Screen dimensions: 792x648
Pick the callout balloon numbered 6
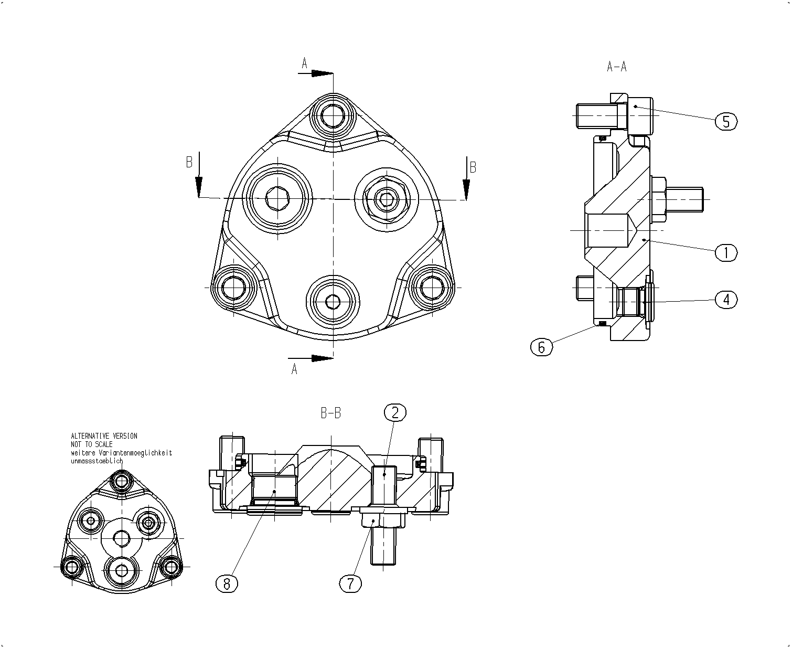coord(541,347)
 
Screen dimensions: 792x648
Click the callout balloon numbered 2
coord(395,412)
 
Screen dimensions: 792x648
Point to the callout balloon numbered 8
coord(227,584)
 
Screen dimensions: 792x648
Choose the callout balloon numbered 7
coord(350,584)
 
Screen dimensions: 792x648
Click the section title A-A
coord(617,67)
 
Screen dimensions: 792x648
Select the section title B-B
coord(331,413)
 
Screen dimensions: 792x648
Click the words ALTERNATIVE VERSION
coord(104,435)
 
